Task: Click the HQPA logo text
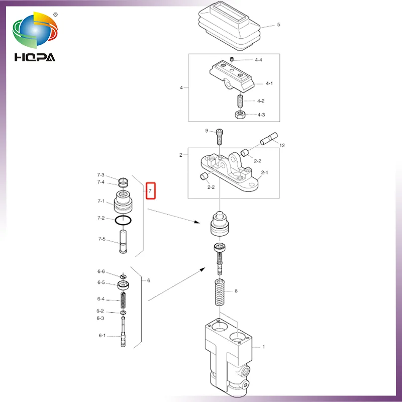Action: [35, 56]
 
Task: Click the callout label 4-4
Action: [258, 60]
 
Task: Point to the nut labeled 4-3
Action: [240, 115]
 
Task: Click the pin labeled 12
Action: [267, 138]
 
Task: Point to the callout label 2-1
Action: [264, 172]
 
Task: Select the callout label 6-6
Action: [101, 272]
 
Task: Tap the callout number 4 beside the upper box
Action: [181, 87]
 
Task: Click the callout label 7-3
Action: [101, 175]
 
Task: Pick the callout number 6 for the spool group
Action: [148, 280]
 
